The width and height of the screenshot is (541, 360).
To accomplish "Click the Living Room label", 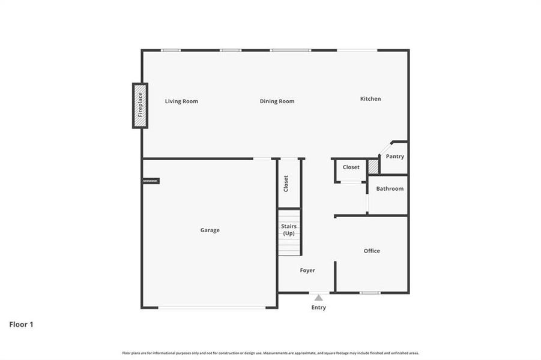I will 181,101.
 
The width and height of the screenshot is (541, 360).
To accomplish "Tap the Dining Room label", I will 277,101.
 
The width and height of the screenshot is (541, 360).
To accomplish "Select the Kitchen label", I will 370,99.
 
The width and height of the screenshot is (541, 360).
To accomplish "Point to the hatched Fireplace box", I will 140,106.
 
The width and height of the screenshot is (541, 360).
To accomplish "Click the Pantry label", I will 394,157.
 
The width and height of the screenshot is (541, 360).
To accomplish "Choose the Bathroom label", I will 390,189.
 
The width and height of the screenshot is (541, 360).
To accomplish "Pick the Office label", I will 372,251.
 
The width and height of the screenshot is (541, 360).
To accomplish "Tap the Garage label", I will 210,230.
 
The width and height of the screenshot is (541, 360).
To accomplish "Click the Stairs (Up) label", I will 289,230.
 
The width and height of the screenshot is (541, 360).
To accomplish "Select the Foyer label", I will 307,271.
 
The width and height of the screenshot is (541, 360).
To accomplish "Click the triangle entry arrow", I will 318,297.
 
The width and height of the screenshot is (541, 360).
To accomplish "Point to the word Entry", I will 318,308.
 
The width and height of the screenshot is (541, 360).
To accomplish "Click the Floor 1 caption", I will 21,325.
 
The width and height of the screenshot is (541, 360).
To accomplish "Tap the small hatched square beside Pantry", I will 373,166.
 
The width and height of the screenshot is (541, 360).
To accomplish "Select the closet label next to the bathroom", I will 351,167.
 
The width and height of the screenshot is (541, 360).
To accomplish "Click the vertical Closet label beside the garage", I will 286,184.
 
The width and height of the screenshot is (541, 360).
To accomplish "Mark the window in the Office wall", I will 370,293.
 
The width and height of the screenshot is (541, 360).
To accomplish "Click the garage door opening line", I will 212,308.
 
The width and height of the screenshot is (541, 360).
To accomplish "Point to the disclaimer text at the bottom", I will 270,353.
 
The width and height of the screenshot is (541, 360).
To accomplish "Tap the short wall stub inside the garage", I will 151,180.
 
